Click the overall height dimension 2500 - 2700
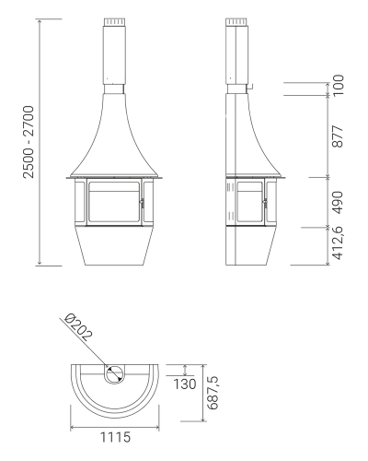(x=29, y=142)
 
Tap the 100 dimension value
(x=339, y=85)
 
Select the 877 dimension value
(x=338, y=136)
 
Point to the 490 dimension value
(x=338, y=202)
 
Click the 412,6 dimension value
(x=338, y=243)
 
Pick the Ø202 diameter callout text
(x=78, y=327)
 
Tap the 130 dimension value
(x=185, y=384)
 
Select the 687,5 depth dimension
(x=213, y=393)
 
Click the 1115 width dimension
(x=115, y=437)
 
